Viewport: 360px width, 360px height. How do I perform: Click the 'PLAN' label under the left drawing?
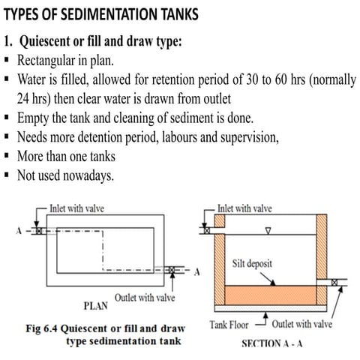95,305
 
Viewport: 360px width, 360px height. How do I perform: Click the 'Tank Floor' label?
227,326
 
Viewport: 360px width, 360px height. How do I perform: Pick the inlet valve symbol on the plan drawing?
39,231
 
